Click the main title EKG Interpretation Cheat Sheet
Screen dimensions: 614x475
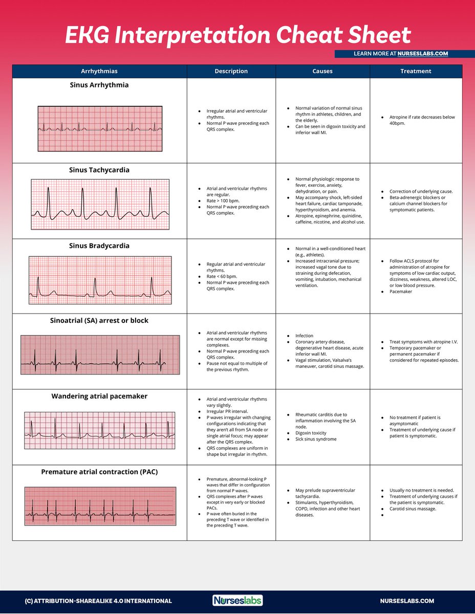(x=237, y=35)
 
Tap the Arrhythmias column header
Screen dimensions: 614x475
(x=99, y=71)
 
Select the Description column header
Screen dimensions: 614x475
(x=231, y=71)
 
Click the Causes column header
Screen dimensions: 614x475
(x=322, y=71)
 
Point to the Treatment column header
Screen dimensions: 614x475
(x=416, y=71)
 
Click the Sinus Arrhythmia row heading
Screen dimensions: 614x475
(x=99, y=85)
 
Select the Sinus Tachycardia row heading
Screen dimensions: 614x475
(x=99, y=170)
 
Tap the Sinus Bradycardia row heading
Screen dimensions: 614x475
(x=99, y=246)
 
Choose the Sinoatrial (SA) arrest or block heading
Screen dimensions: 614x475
(x=99, y=321)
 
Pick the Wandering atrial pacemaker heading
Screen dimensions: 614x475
(x=99, y=396)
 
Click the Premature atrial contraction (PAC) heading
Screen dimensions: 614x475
(x=99, y=472)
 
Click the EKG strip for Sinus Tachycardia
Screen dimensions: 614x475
(x=100, y=204)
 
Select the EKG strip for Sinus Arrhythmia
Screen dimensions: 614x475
(x=100, y=128)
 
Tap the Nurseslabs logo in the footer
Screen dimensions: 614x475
(x=237, y=600)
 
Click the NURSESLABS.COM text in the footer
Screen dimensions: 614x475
(x=407, y=601)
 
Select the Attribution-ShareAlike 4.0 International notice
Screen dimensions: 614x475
(x=98, y=601)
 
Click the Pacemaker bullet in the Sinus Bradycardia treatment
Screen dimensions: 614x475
(x=401, y=292)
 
